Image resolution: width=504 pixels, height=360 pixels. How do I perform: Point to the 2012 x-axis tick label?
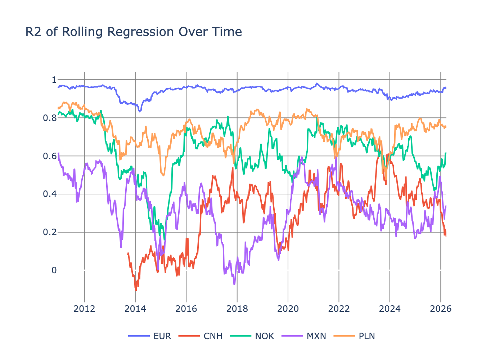click(x=84, y=309)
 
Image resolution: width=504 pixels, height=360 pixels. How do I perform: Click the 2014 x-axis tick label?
click(x=135, y=309)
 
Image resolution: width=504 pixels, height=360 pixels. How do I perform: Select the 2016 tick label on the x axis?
click(x=186, y=309)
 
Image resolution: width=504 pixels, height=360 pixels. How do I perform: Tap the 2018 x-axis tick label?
click(x=237, y=309)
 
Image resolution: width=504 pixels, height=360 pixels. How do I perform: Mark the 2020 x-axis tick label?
click(x=288, y=309)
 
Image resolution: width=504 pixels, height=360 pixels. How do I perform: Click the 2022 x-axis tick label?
click(x=339, y=309)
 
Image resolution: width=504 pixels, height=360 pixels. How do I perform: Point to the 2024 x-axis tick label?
click(x=390, y=309)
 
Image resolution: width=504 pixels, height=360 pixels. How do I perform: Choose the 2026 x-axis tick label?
click(x=441, y=309)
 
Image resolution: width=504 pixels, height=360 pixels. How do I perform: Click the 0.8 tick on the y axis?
click(x=50, y=118)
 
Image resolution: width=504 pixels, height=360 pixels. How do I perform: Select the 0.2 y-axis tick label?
click(x=50, y=232)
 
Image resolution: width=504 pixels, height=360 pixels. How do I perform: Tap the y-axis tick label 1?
click(x=54, y=80)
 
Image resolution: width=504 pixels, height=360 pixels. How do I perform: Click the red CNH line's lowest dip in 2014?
click(x=136, y=290)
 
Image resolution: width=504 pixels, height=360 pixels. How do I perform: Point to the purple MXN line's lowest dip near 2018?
click(x=234, y=284)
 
